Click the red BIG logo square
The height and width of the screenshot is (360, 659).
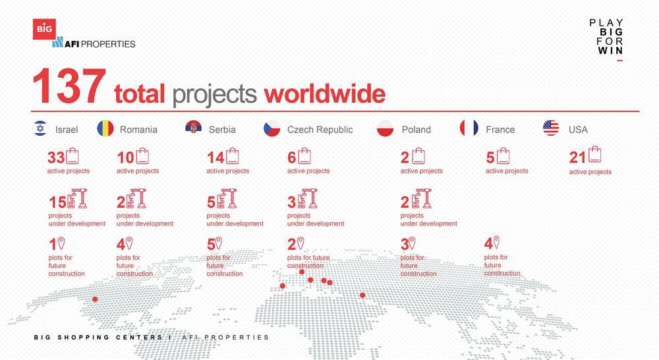pos(44,29)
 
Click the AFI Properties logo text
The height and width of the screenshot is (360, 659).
pos(94,43)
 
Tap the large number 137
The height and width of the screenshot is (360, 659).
pos(69,86)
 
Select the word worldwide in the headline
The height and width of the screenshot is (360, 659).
pos(324,94)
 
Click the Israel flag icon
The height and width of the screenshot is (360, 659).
pos(40,129)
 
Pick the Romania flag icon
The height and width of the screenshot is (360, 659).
pos(105,129)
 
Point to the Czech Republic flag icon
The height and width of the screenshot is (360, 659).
pos(272,129)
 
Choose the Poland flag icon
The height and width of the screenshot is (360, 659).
pos(386,129)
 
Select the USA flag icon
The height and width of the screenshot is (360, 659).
pos(551,128)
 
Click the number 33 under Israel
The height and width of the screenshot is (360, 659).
pos(56,158)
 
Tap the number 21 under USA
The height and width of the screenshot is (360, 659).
pos(577,158)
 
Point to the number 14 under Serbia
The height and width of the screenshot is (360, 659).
pos(215,158)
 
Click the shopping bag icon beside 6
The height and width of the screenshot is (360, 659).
pos(304,156)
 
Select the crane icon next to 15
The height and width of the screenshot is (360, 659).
pos(77,198)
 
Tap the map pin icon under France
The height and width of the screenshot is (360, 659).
pos(496,242)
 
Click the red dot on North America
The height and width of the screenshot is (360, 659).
pos(95,299)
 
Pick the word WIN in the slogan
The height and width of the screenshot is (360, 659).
pos(610,51)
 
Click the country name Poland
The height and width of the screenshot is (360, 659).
pos(416,129)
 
